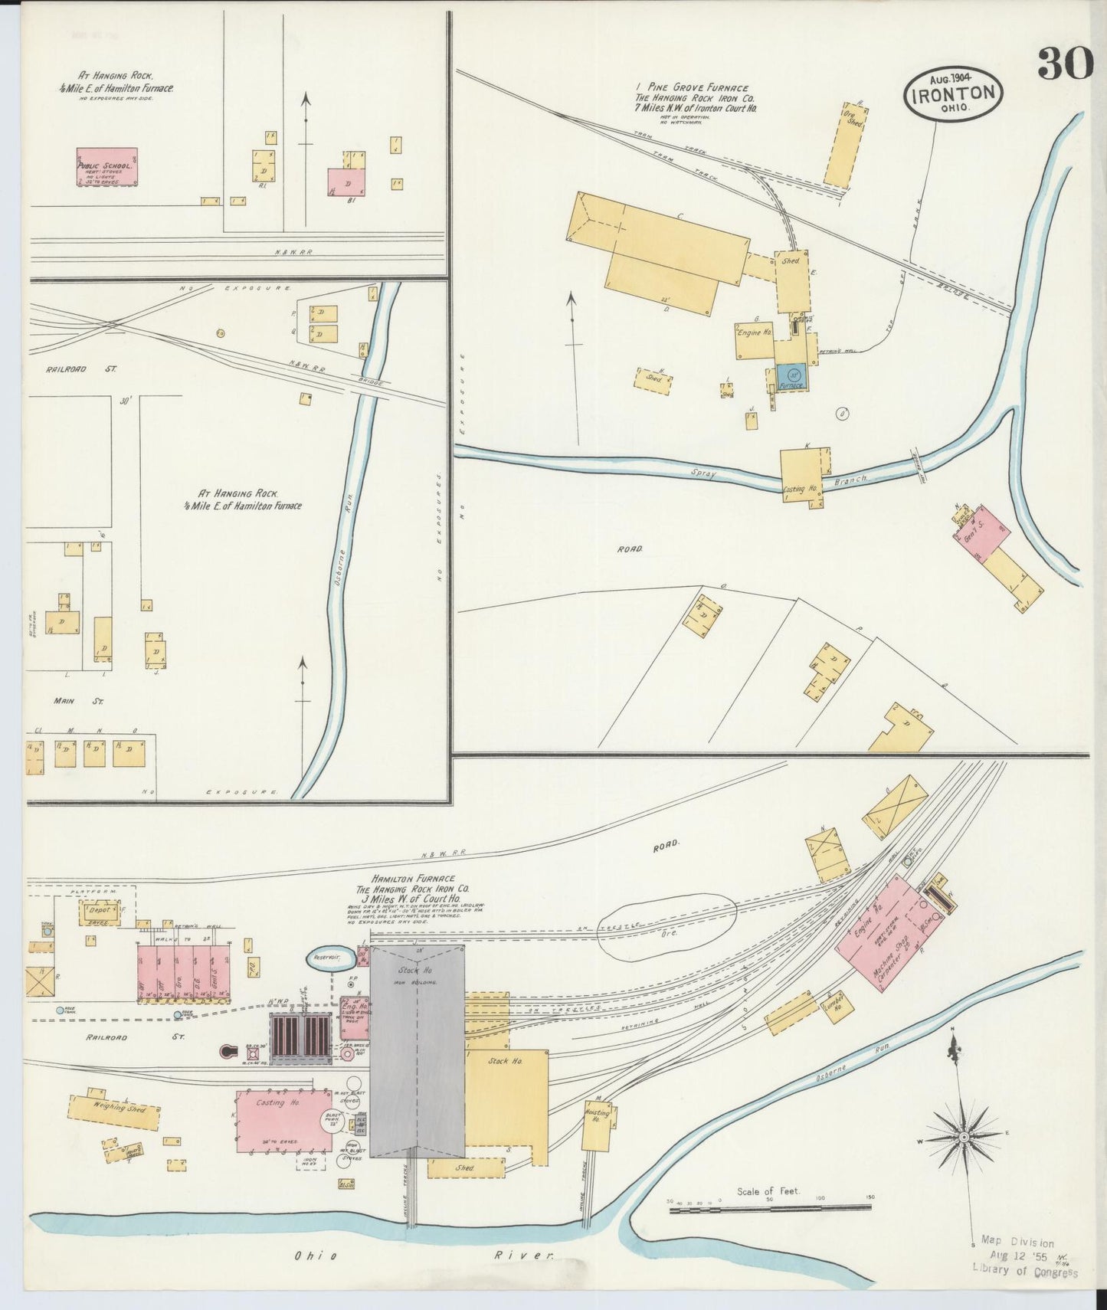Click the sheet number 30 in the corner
1064,63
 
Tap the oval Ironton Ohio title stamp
953,93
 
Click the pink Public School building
106,167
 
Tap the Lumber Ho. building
833,1008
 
